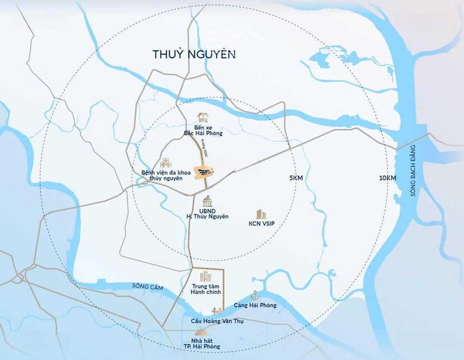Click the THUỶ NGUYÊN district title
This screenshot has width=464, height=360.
click(194, 54)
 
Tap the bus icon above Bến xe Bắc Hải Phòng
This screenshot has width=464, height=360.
click(203, 118)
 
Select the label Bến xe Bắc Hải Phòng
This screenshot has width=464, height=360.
click(203, 130)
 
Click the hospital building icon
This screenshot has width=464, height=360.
click(166, 163)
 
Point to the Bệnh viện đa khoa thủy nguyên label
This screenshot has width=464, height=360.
click(162, 175)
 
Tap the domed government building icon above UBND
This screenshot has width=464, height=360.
click(207, 201)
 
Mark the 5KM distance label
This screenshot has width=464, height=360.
click(296, 178)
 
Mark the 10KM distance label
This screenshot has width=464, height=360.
click(388, 178)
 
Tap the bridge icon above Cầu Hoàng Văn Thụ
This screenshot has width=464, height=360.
click(217, 311)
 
